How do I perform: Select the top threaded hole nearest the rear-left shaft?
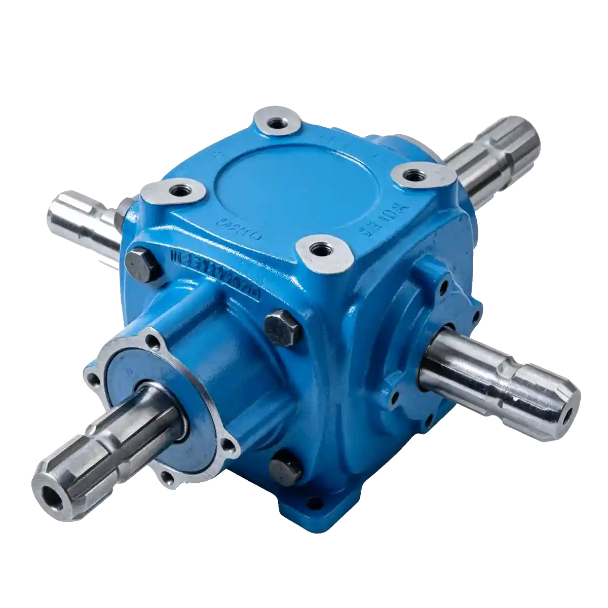tap(179, 191)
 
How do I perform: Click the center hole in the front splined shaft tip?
tap(52, 493)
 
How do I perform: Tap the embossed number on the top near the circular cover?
tap(241, 224)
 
